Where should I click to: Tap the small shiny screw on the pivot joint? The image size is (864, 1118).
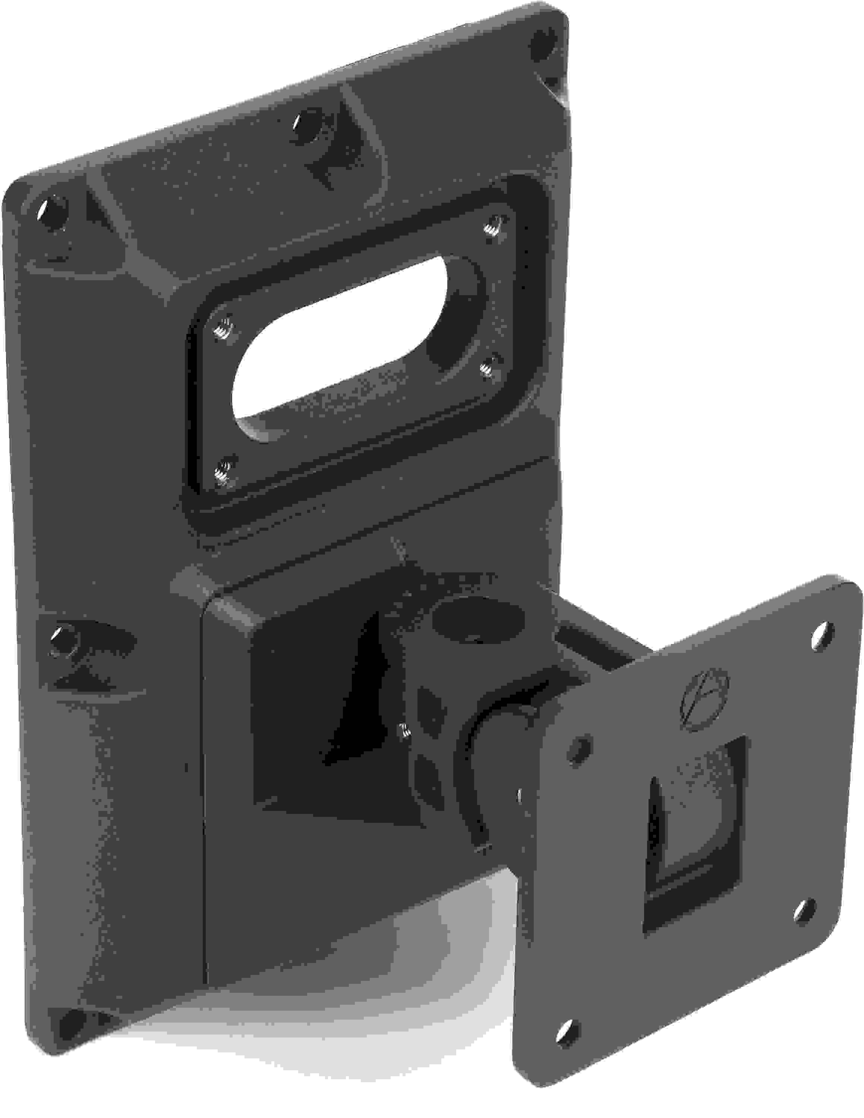coord(405,730)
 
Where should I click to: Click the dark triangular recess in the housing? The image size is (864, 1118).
coord(358,691)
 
